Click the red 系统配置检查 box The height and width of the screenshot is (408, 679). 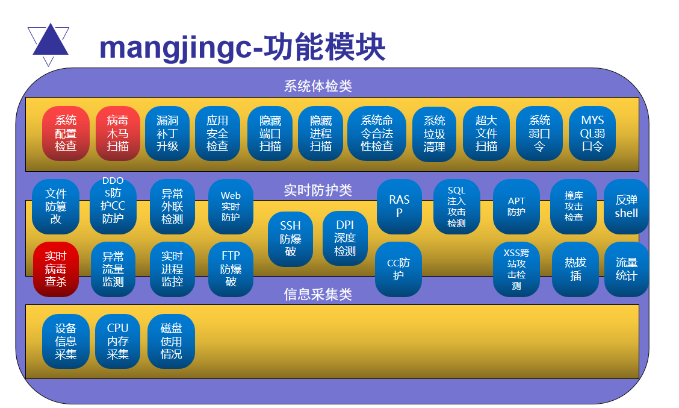[66, 133]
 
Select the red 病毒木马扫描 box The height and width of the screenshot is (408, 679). [117, 133]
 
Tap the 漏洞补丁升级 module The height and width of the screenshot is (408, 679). [167, 133]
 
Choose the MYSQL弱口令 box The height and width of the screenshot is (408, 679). [592, 133]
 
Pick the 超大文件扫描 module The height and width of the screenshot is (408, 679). [486, 133]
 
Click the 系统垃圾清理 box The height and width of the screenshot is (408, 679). [434, 134]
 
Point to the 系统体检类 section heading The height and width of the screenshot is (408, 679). [318, 86]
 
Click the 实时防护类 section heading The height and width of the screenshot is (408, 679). [318, 190]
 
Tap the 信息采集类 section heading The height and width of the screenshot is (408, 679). [318, 294]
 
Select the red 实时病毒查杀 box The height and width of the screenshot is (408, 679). [56, 269]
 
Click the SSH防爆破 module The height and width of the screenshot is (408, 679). [290, 239]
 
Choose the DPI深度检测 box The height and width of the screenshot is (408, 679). [345, 238]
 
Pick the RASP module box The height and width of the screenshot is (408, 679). [399, 206]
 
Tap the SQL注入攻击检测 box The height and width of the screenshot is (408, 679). [456, 207]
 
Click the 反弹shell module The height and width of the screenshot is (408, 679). [626, 206]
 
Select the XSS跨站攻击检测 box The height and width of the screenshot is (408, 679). [516, 269]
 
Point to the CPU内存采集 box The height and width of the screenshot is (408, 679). [117, 341]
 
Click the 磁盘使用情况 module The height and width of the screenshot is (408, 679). [171, 341]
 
